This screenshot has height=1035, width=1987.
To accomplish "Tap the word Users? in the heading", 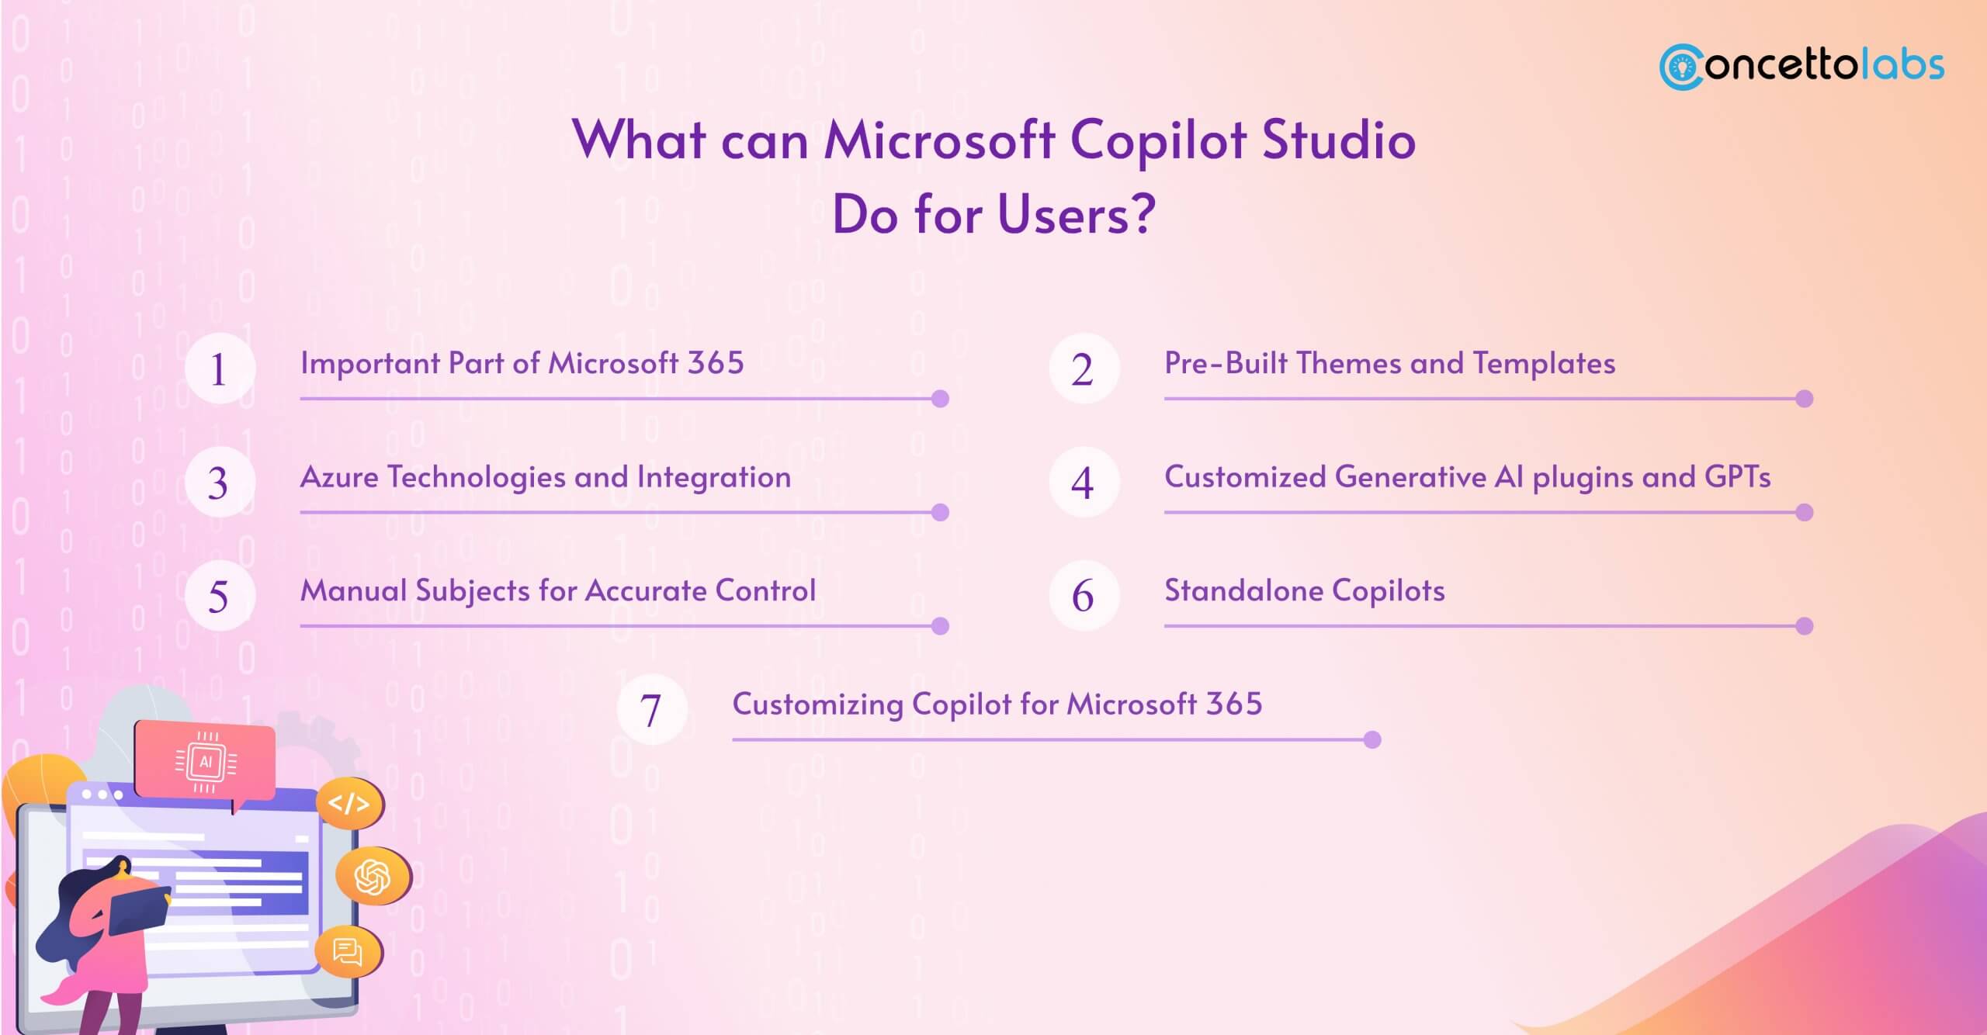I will point(1077,215).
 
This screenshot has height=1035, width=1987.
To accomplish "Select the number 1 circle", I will point(220,369).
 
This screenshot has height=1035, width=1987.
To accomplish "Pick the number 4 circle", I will point(1084,483).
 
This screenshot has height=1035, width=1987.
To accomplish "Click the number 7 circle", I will point(652,710).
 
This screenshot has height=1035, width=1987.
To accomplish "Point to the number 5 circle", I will point(220,597).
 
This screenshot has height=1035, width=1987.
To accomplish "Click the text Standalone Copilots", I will point(1304,591).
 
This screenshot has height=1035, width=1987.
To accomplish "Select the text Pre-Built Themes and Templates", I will point(1389,363).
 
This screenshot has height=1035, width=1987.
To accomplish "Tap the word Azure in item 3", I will point(339,477).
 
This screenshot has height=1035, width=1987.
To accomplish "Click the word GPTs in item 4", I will point(1737,477).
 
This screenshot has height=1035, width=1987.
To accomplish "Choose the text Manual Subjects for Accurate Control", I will point(557,591).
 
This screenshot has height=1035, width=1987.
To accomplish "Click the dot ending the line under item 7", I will point(1371,739).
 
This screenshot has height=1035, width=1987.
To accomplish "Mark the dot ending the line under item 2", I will point(1804,399).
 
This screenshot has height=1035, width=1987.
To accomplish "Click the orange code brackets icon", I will point(349,803).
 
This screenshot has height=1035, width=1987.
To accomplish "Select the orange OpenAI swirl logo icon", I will point(372,876).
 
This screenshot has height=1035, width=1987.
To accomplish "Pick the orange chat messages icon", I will point(347,951).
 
